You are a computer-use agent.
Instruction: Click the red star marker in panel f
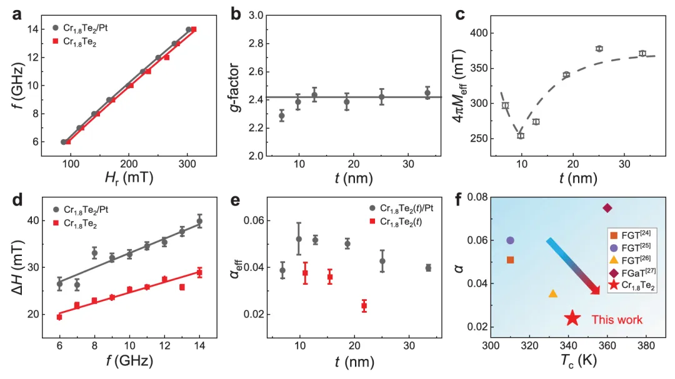tap(572, 318)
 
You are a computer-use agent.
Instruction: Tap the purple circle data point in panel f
tap(510, 240)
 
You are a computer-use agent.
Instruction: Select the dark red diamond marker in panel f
tap(607, 208)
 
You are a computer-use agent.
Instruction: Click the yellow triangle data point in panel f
tap(552, 293)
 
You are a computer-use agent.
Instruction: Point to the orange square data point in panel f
tap(510, 260)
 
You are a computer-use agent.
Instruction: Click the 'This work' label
tap(617, 320)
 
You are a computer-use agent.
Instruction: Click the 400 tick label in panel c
tap(477, 33)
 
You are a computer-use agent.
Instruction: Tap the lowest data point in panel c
tap(520, 135)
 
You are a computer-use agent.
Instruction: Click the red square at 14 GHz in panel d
tap(199, 272)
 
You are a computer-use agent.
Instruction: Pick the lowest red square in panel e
tap(364, 306)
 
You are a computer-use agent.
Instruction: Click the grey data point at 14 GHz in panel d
tap(199, 222)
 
